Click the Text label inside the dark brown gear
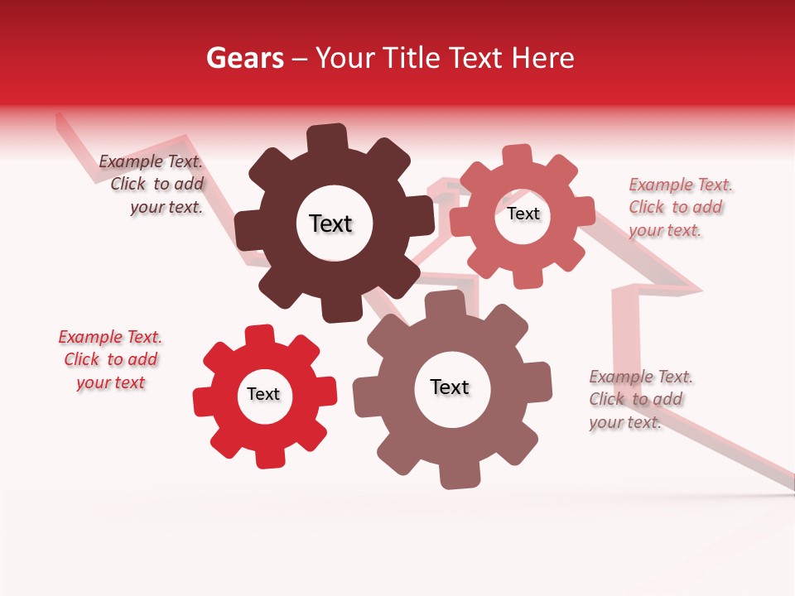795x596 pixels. click(x=330, y=223)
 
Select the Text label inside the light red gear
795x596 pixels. click(x=523, y=214)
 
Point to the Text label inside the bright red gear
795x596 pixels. click(x=263, y=395)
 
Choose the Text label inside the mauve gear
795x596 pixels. click(x=450, y=387)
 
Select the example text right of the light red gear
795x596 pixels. click(x=680, y=207)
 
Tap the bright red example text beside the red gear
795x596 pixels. click(x=110, y=360)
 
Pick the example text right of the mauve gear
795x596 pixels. click(x=640, y=400)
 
